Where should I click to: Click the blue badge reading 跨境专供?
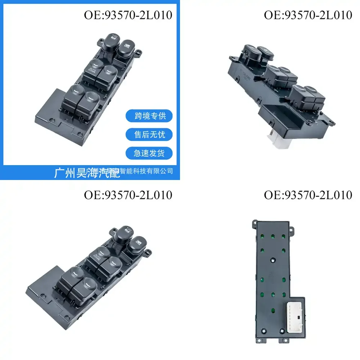click(x=149, y=116)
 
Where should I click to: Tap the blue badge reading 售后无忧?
click(x=149, y=135)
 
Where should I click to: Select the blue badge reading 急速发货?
click(x=149, y=153)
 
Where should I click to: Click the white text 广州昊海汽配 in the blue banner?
click(x=82, y=172)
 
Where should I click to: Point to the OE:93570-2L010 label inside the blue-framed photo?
click(x=128, y=15)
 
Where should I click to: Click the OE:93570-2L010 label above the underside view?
click(x=308, y=195)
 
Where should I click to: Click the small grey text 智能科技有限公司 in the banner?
click(x=149, y=171)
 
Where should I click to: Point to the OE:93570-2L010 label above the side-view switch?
click(x=308, y=15)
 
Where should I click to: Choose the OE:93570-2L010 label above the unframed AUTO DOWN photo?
click(x=128, y=195)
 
